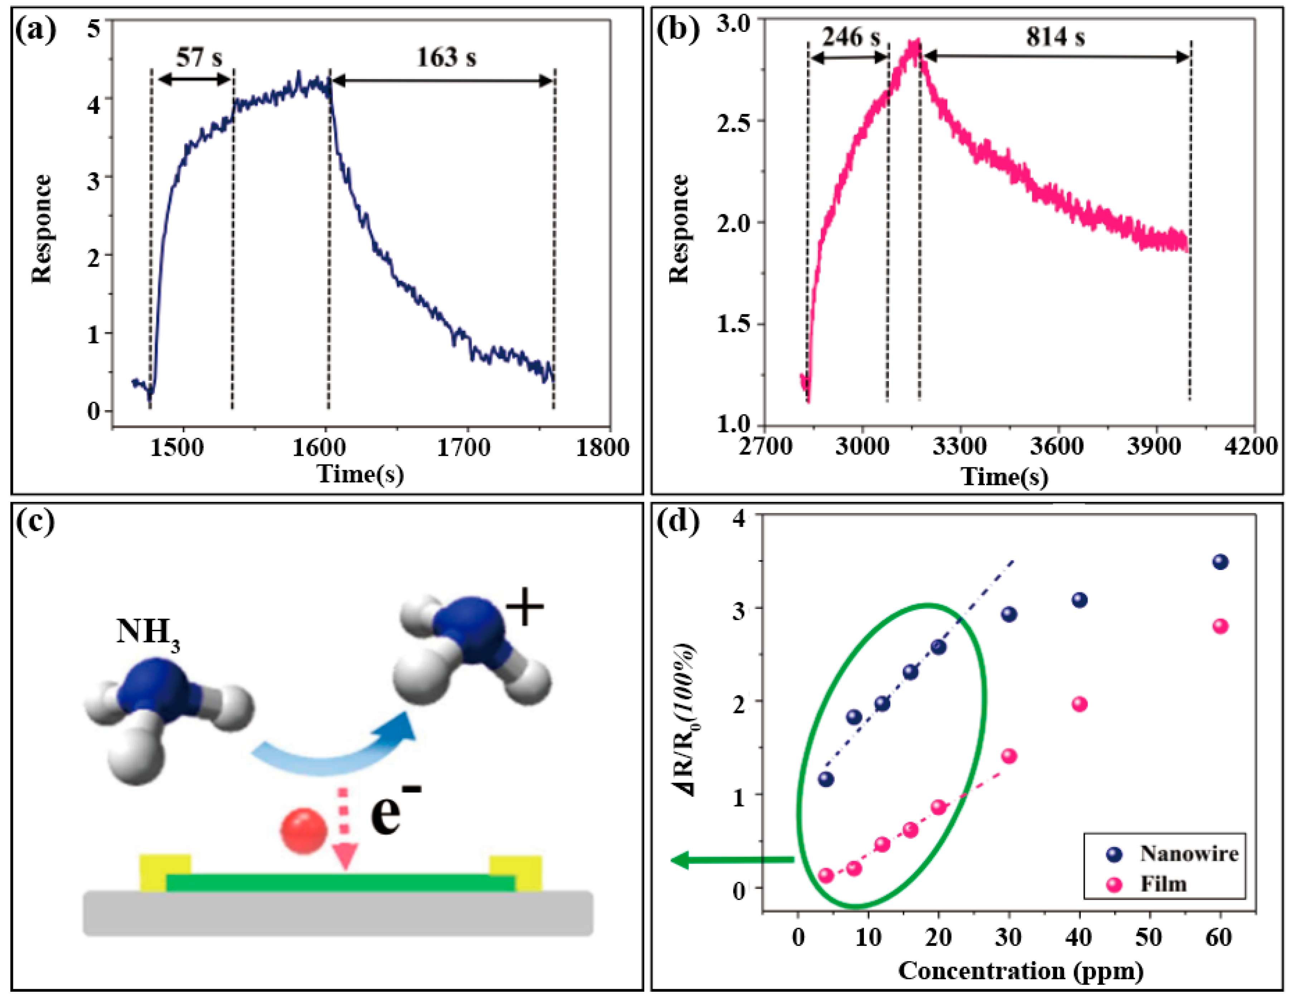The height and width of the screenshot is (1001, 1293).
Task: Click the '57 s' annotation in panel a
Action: pyautogui.click(x=199, y=57)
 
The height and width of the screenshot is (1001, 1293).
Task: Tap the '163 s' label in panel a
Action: pyautogui.click(x=446, y=57)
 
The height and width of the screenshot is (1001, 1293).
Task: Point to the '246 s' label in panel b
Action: pyautogui.click(x=851, y=37)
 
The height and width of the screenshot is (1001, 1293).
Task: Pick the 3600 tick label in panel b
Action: pyautogui.click(x=1056, y=445)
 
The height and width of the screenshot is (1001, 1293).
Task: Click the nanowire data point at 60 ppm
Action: pyautogui.click(x=1220, y=561)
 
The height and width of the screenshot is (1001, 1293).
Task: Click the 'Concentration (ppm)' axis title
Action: pyautogui.click(x=1021, y=970)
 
